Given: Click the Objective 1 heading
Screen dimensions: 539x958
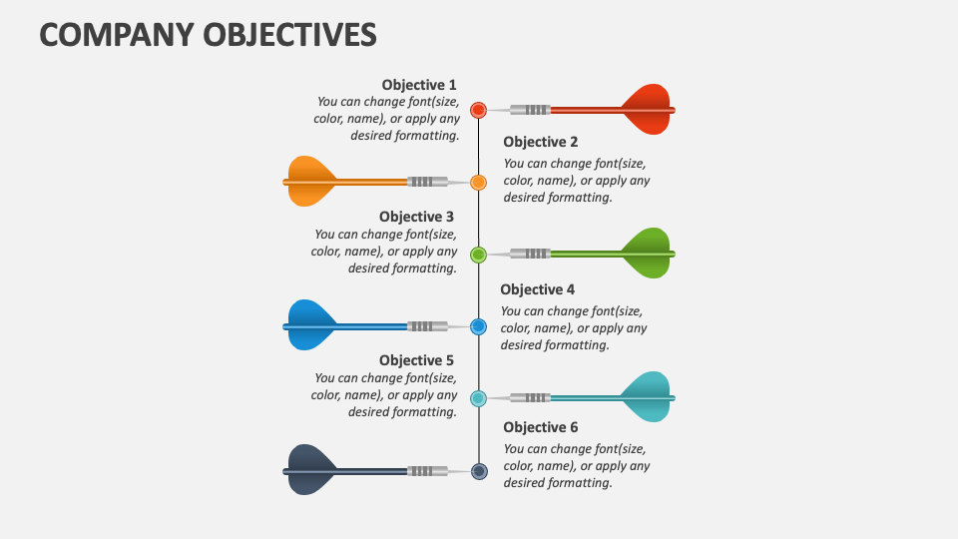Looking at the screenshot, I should coord(418,85).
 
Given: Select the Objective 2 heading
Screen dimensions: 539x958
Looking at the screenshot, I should coord(540,142).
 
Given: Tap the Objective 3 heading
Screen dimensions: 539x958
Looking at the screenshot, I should coord(416,217).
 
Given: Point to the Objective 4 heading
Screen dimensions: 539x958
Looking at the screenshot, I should coord(537,289).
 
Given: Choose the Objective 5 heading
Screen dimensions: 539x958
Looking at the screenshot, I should coord(416,360).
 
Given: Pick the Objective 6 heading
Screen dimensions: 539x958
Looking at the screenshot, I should coord(540,427).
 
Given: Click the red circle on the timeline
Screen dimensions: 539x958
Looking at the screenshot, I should coord(478,110).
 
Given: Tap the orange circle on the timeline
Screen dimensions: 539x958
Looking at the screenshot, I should coord(478,183).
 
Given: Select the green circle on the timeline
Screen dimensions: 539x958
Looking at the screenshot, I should coord(478,255).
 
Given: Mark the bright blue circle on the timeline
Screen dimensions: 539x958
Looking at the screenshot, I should coord(478,326).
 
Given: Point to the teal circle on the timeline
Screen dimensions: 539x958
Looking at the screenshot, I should coord(478,398).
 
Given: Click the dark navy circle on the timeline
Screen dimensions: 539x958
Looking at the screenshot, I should coord(478,471).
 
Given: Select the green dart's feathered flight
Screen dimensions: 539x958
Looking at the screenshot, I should coord(647,254).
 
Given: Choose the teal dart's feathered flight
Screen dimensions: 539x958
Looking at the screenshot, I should coord(647,397).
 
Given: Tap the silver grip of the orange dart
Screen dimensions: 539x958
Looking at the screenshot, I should coord(427,182).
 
